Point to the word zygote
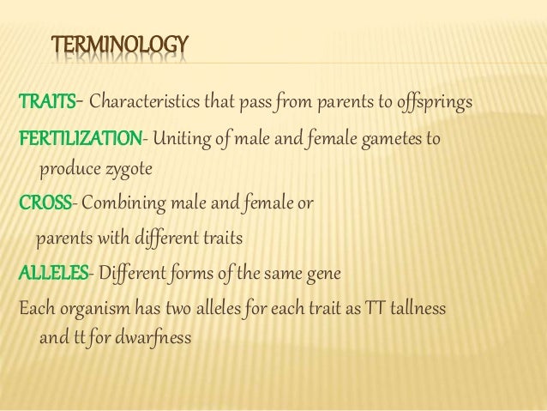pos(128,171)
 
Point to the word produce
pos(70,171)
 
